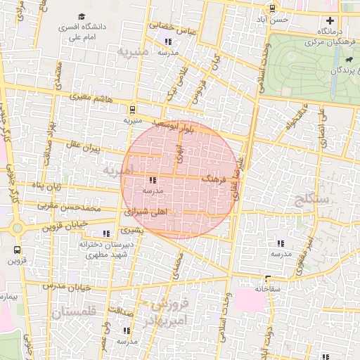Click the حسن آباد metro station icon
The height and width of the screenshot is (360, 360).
tap(272, 8)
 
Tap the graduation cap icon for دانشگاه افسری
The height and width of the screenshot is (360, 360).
tap(82, 15)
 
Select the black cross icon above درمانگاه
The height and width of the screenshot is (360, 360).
tap(330, 20)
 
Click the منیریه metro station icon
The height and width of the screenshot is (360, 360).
tap(131, 109)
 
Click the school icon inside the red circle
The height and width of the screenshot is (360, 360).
tap(153, 180)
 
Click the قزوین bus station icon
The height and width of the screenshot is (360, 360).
tap(16, 250)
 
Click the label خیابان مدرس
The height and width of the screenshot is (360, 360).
tap(67, 286)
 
